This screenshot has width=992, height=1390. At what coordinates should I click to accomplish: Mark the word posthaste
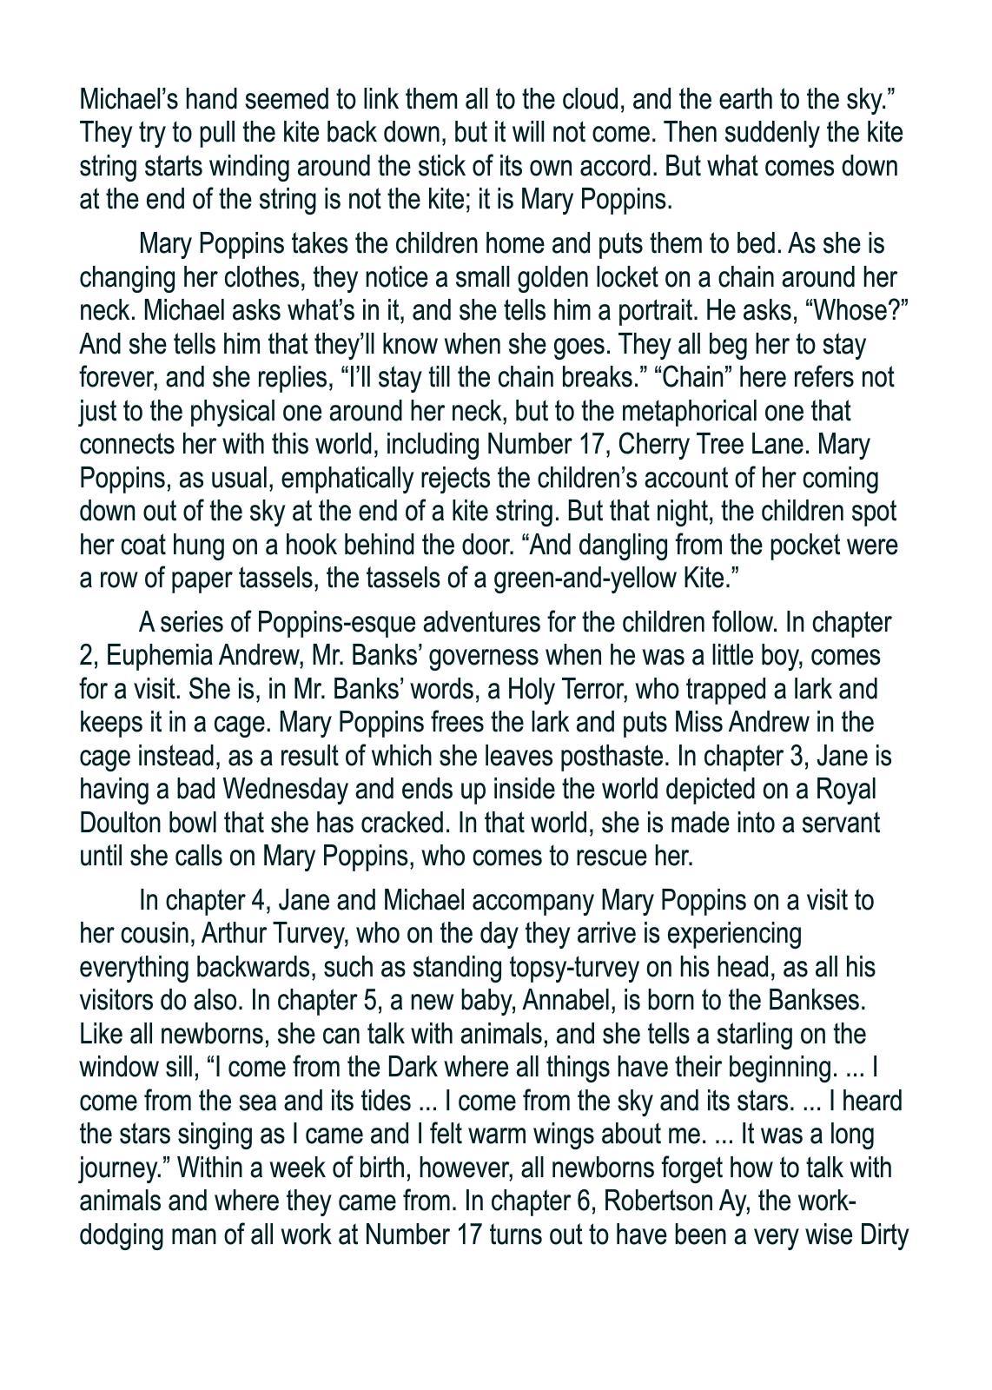pos(610,756)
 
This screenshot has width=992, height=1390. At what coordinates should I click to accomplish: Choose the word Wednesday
pos(291,789)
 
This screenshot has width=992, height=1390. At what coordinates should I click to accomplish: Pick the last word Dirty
pos(883,1235)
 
